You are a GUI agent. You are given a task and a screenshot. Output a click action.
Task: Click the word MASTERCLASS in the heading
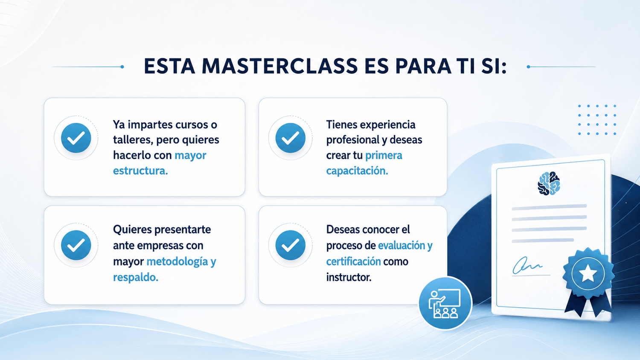pos(279,66)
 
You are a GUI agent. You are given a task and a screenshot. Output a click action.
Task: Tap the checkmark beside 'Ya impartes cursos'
pos(76,138)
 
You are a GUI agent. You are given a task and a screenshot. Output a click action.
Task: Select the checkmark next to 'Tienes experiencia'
pos(290,138)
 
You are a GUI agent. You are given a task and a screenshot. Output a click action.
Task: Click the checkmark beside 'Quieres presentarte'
pos(76,245)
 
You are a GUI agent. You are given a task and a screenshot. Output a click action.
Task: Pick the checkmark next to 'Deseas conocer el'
pos(290,245)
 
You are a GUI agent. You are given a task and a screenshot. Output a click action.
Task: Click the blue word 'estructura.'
pos(140,171)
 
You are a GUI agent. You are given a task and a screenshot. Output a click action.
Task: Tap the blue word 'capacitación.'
pos(357,171)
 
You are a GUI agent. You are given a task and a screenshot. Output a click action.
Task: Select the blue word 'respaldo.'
pos(135,277)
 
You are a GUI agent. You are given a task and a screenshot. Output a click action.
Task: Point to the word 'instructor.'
pos(349,277)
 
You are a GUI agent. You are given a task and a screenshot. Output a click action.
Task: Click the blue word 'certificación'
pos(353,261)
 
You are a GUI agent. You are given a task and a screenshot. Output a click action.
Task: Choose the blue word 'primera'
pos(384,155)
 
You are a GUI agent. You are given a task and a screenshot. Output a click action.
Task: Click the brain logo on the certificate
pos(549,183)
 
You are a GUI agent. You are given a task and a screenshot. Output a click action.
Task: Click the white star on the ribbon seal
pos(588,273)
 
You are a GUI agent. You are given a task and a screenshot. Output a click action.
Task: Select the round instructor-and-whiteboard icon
pos(445,303)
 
